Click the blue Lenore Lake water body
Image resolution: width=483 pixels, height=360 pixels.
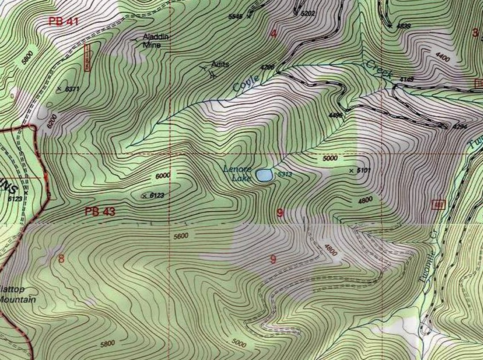click(264, 175)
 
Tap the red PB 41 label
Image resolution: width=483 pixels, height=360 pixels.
click(63, 21)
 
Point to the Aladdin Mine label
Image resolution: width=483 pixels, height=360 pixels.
click(154, 40)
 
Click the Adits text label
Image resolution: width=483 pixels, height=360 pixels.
click(220, 64)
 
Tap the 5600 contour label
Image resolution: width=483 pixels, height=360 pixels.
click(181, 236)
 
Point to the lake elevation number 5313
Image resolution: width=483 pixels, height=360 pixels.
click(284, 174)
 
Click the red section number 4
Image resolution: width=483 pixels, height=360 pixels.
click(273, 33)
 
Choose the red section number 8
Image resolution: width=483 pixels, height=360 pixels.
click(61, 258)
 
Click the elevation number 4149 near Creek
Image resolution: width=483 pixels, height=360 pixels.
click(407, 80)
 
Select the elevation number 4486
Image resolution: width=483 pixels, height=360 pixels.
click(336, 115)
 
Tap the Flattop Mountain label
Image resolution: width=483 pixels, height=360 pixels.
click(17, 294)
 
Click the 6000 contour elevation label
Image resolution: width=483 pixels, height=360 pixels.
click(163, 176)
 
